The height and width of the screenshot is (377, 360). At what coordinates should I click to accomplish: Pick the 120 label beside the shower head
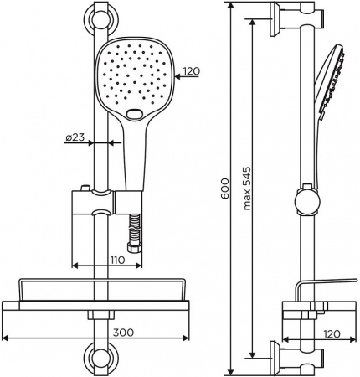[x=191, y=72]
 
